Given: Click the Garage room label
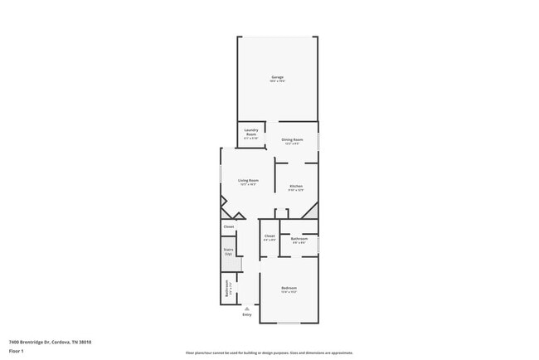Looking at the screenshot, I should (x=277, y=77).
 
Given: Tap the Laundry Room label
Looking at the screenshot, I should (x=250, y=131).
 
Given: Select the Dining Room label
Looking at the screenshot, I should (x=292, y=139).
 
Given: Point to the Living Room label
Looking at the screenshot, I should (x=248, y=180).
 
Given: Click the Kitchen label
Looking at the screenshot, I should (x=296, y=186).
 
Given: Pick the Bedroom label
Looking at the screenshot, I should (x=289, y=288).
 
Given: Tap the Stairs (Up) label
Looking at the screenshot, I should (x=228, y=251).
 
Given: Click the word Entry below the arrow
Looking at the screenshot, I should (x=246, y=315).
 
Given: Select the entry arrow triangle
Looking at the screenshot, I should (x=246, y=308).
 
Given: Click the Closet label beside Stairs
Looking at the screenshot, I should (x=228, y=226).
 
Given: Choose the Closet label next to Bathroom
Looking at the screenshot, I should (x=269, y=236).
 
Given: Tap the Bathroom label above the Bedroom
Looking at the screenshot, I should (x=299, y=238).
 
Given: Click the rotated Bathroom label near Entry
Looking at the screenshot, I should (x=228, y=289).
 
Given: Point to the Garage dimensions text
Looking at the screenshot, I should (x=277, y=81).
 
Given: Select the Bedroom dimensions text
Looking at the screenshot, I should (x=289, y=292).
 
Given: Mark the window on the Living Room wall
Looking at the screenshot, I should (x=221, y=176).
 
